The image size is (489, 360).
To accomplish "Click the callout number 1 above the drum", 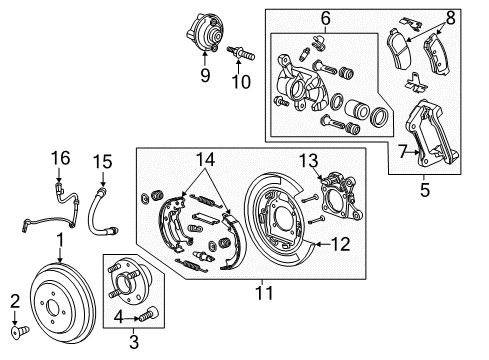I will tap(61, 240).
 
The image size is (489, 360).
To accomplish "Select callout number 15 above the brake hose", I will tap(98, 160).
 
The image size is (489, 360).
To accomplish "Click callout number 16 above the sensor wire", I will tap(62, 157).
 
